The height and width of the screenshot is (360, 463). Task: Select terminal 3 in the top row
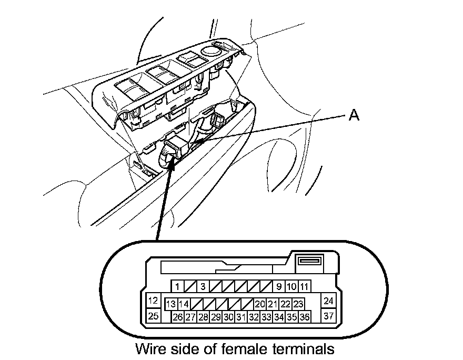pyautogui.click(x=203, y=287)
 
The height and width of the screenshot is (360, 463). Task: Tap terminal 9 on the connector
pyautogui.click(x=279, y=287)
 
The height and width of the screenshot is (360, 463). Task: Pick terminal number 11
pyautogui.click(x=305, y=287)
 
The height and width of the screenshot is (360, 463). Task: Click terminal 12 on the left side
pyautogui.click(x=153, y=301)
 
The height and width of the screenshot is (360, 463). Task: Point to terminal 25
pyautogui.click(x=153, y=316)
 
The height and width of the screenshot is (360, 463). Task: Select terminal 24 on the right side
pyautogui.click(x=329, y=301)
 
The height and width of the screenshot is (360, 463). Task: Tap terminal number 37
pyautogui.click(x=329, y=316)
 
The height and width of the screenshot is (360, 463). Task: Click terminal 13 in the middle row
pyautogui.click(x=170, y=304)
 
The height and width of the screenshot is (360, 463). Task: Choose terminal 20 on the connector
pyautogui.click(x=259, y=304)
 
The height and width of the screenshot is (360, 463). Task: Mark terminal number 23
pyautogui.click(x=298, y=304)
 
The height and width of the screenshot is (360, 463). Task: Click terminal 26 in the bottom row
pyautogui.click(x=177, y=317)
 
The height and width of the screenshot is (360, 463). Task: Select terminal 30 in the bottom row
pyautogui.click(x=228, y=317)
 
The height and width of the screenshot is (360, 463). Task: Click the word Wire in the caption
pyautogui.click(x=153, y=348)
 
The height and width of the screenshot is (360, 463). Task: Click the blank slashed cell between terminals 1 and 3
pyautogui.click(x=190, y=287)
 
